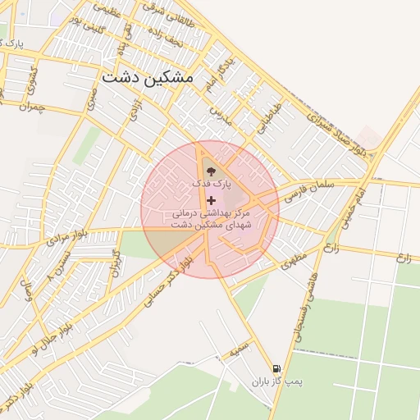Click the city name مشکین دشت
click(148, 78)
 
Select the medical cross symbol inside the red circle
click(211, 200)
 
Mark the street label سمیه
click(239, 349)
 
